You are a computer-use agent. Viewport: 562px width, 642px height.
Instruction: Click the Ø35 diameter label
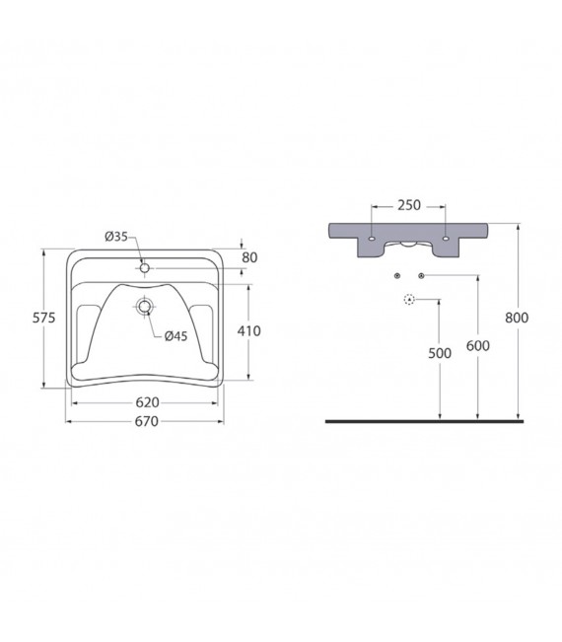116,236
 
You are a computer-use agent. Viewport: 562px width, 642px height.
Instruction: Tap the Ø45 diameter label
176,335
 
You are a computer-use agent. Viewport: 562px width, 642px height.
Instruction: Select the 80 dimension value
248,258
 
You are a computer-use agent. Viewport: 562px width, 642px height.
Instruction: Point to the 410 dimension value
248,331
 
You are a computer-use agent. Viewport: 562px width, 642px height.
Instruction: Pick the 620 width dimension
145,403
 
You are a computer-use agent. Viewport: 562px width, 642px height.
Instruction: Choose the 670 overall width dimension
145,422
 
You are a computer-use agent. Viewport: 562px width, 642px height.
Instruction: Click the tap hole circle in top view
145,267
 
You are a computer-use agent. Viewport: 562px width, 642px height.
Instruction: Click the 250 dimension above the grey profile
408,205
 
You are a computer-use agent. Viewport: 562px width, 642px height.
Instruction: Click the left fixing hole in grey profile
370,239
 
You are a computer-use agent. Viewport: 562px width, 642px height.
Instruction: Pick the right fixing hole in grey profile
447,239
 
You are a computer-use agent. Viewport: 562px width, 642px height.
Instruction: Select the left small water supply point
395,274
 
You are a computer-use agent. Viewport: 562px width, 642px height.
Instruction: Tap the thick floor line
424,420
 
